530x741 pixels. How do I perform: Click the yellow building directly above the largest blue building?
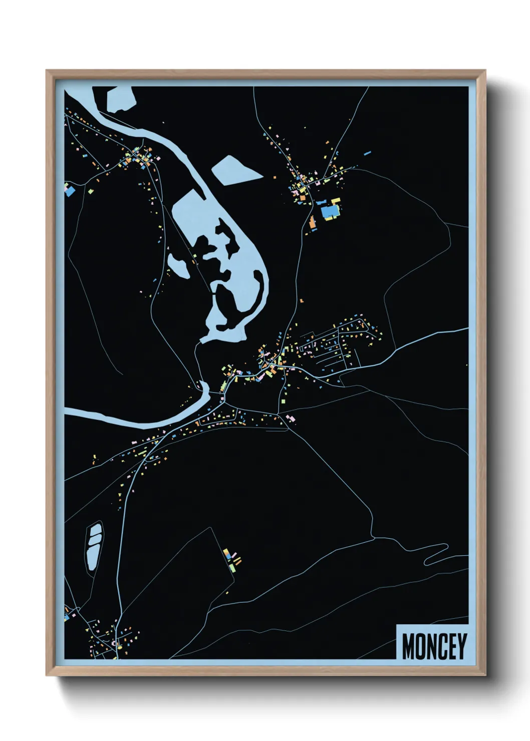(x=335, y=201)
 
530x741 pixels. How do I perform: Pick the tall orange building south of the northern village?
(x=312, y=222)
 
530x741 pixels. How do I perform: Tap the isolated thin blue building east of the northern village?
(x=368, y=152)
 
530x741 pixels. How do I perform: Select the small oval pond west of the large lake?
(x=178, y=266)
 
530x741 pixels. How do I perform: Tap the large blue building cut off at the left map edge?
(x=70, y=190)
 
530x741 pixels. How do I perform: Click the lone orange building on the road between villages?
(x=302, y=300)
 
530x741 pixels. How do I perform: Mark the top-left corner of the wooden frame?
(x=47, y=71)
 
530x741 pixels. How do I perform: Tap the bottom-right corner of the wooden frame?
(x=485, y=675)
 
